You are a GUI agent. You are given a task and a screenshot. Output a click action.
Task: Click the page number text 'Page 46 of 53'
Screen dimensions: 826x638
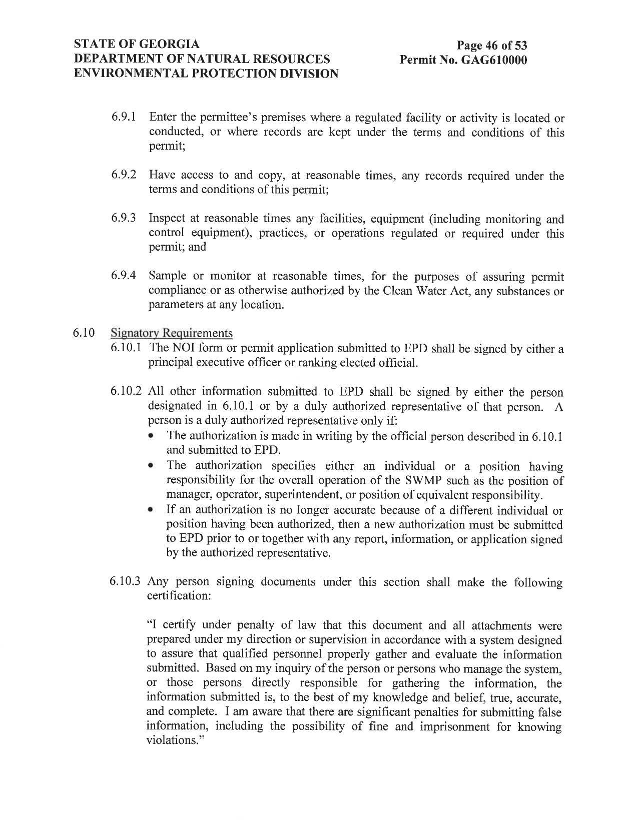(x=491, y=46)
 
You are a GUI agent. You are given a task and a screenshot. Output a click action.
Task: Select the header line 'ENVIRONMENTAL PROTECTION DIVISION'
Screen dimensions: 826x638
(x=206, y=74)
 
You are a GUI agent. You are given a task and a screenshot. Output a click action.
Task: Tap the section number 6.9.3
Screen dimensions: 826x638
(x=124, y=218)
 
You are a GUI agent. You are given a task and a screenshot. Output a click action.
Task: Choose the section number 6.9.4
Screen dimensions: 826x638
(x=124, y=276)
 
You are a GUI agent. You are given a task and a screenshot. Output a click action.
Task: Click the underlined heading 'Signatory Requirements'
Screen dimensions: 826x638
(x=172, y=333)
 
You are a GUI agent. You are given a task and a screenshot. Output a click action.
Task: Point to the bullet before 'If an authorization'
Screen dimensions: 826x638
(x=151, y=510)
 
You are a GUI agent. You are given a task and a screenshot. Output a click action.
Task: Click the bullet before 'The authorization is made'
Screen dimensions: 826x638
(x=151, y=436)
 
